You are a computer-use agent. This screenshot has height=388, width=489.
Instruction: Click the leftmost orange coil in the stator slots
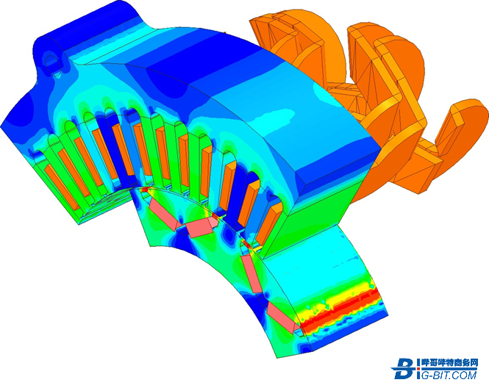pyautogui.click(x=62, y=187)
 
